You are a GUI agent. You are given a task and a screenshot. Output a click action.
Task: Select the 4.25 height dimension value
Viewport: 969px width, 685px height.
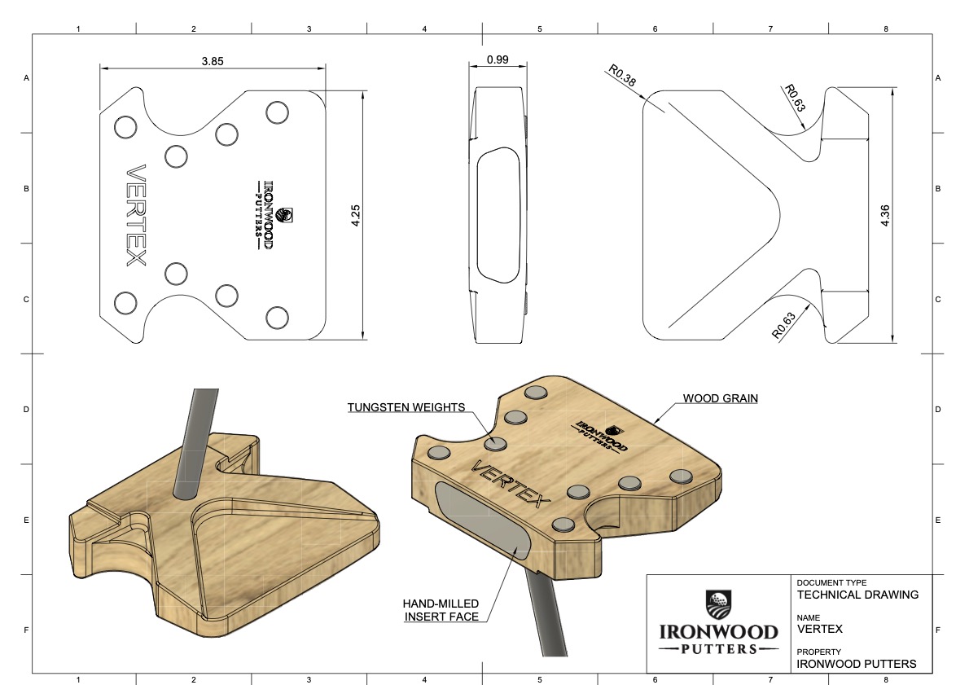(355, 216)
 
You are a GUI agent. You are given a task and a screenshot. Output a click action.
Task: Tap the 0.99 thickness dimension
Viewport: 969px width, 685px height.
(498, 60)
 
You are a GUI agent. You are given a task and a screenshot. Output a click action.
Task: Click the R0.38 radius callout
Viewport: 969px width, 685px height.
(620, 76)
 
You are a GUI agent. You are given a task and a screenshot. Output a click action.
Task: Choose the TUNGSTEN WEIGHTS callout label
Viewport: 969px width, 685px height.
(406, 407)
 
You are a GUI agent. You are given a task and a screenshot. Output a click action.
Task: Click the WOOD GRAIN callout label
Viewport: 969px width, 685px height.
(720, 398)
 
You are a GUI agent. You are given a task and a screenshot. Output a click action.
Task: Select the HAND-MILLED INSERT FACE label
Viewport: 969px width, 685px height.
(441, 610)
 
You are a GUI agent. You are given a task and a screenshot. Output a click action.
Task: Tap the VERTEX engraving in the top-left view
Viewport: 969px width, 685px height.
(135, 216)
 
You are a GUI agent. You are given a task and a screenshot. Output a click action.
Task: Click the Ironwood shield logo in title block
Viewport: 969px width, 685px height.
(718, 604)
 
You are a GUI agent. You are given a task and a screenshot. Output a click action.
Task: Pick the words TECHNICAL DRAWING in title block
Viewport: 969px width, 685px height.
(857, 595)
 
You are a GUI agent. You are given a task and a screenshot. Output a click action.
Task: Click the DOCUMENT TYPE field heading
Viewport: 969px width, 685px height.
(831, 583)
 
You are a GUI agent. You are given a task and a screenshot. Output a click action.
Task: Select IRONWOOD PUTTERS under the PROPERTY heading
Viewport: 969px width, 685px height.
(856, 664)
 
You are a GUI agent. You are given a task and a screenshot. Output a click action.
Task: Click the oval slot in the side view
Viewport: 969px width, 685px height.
(498, 215)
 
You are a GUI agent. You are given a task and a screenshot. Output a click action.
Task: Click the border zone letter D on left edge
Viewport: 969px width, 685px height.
(27, 410)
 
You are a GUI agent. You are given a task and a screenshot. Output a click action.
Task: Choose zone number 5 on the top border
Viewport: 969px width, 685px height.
(540, 29)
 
